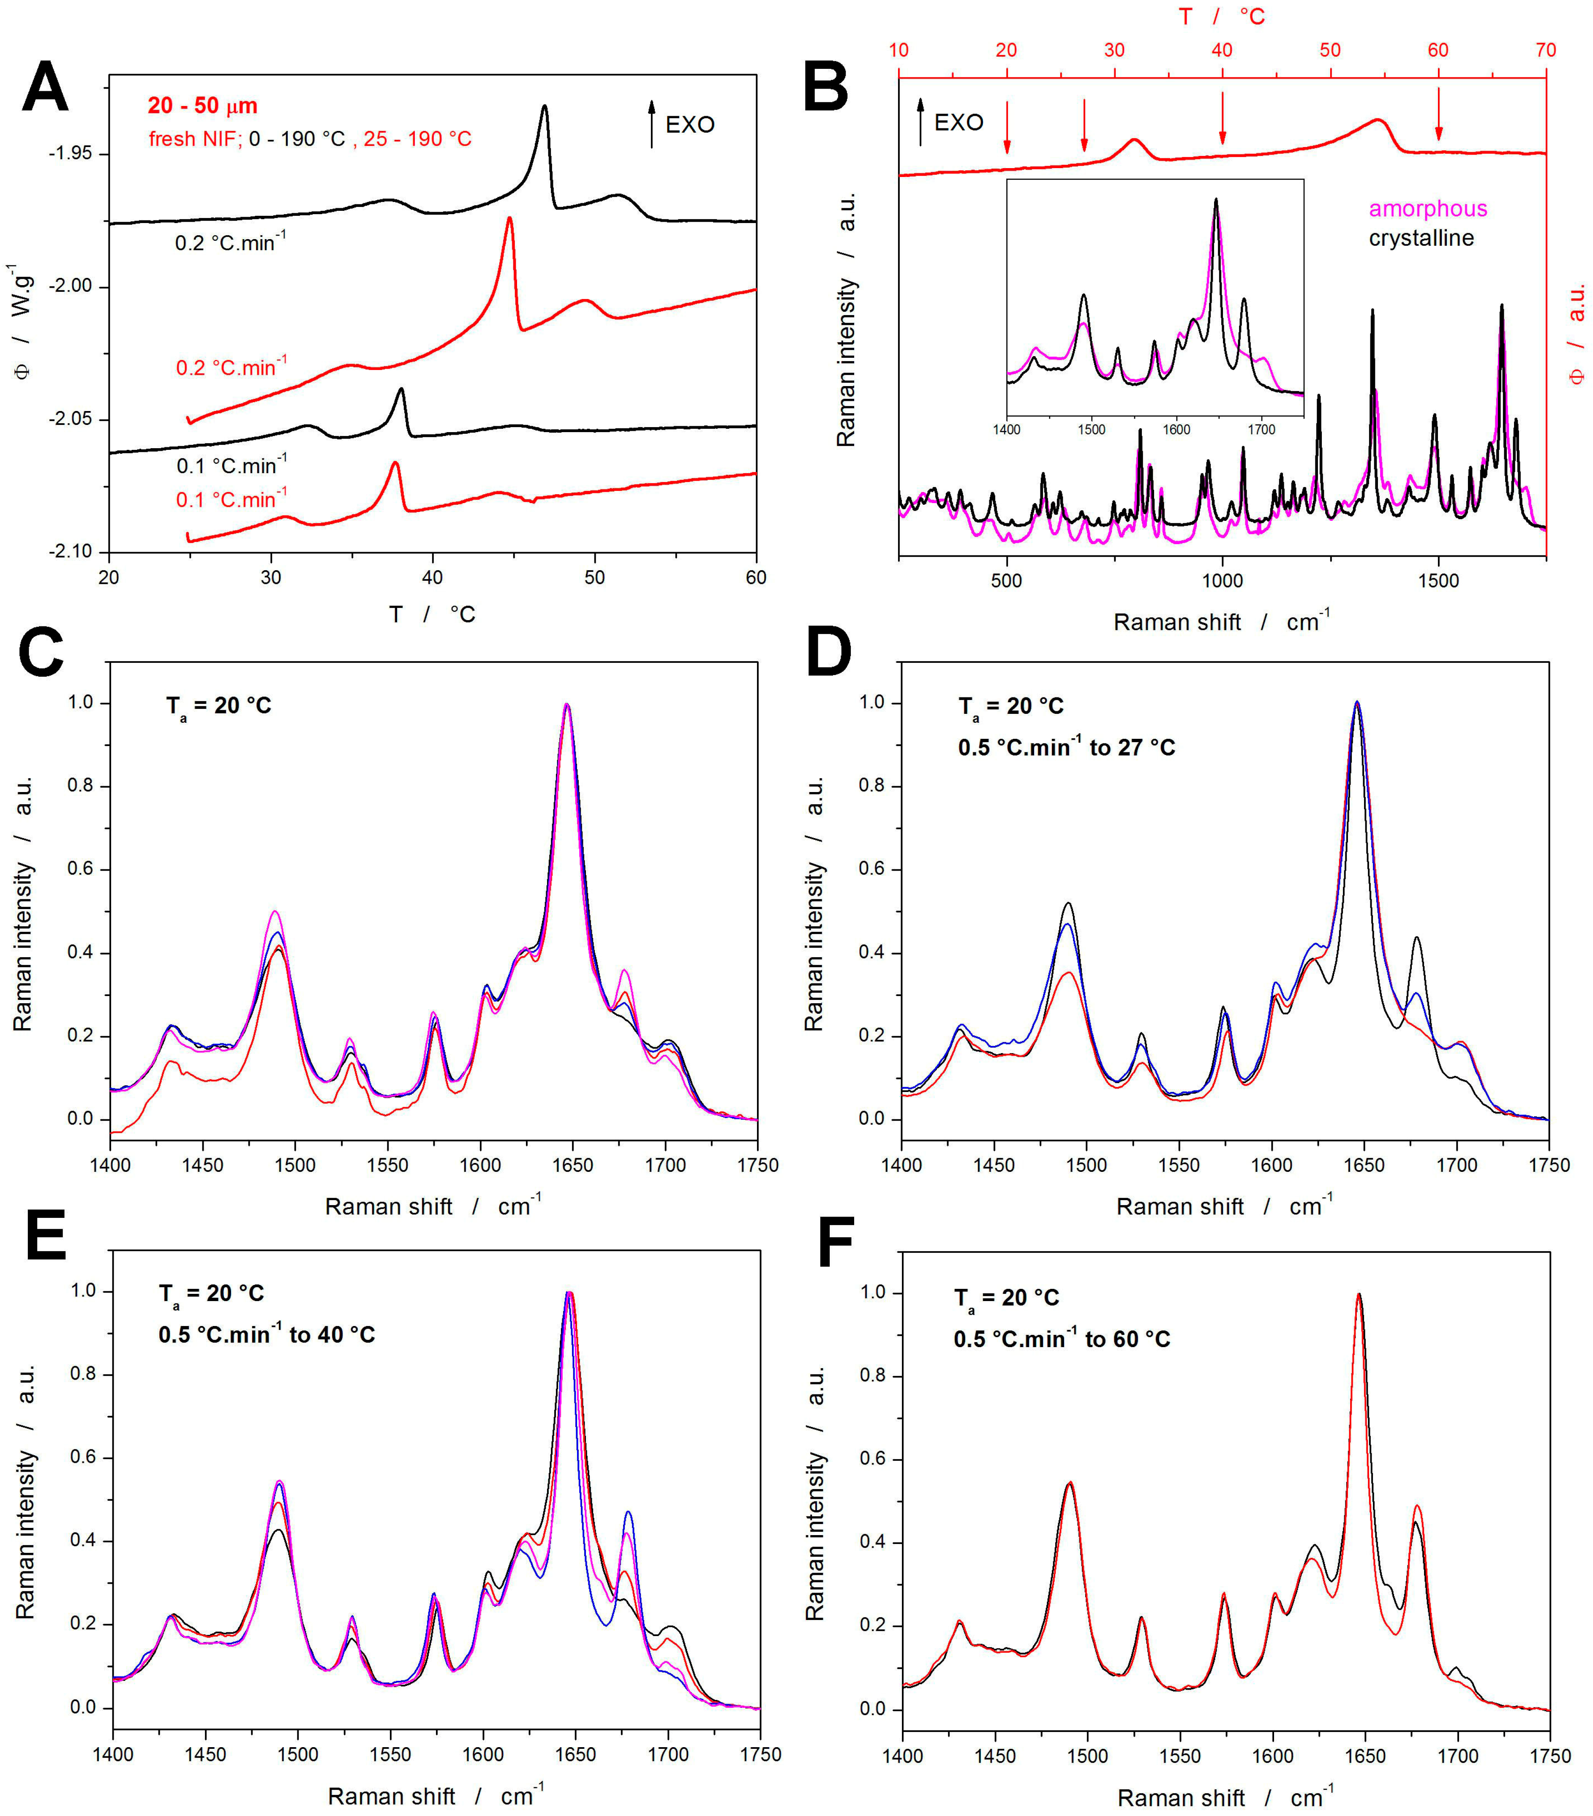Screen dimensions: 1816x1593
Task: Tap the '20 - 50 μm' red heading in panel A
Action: pyautogui.click(x=203, y=106)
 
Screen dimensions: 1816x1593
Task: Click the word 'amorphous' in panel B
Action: pyautogui.click(x=1427, y=209)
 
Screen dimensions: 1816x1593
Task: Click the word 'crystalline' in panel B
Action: pyautogui.click(x=1421, y=238)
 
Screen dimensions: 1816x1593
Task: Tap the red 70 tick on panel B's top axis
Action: pyautogui.click(x=1545, y=50)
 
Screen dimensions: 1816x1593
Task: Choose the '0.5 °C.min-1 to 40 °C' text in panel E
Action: pyautogui.click(x=267, y=1334)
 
